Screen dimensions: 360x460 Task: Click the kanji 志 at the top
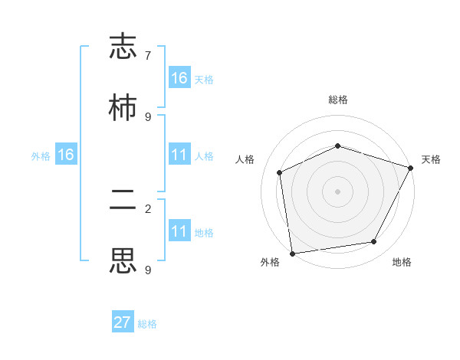coord(123,47)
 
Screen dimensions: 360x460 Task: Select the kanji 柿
coord(123,108)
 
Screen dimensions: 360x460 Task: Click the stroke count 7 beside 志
coord(148,56)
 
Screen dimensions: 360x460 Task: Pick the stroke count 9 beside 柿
coord(148,116)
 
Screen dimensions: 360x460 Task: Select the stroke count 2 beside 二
coord(148,208)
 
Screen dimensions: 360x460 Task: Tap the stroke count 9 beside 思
coord(148,270)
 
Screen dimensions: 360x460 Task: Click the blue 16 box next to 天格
coord(179,78)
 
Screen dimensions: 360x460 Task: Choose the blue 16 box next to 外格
coord(66,155)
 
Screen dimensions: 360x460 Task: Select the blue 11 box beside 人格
coord(179,155)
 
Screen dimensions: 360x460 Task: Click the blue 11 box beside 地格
coord(179,231)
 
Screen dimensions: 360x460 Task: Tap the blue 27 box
coord(123,322)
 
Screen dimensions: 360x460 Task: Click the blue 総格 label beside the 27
coord(147,324)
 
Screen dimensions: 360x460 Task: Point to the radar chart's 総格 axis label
coord(338,100)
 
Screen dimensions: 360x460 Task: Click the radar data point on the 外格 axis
coord(292,253)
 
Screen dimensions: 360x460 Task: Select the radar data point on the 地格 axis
coord(374,242)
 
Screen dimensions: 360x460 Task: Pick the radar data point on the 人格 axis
coord(280,172)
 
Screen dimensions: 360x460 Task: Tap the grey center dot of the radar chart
coord(338,191)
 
